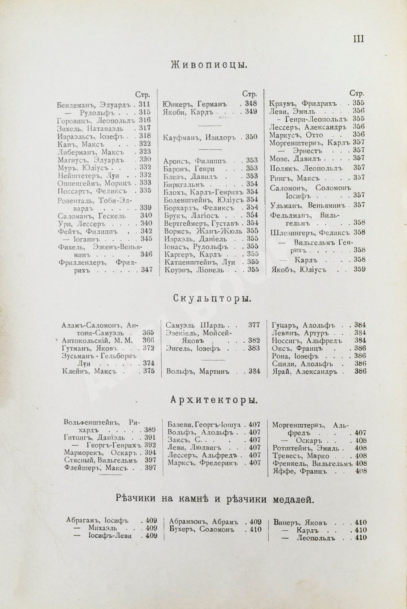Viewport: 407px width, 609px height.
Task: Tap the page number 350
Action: [251, 137]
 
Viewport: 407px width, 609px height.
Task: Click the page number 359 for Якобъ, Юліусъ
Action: [359, 269]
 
